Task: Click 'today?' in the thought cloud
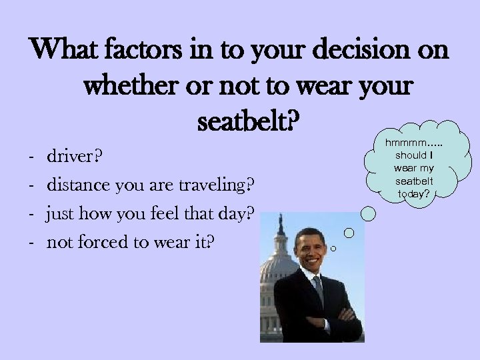[x=413, y=194]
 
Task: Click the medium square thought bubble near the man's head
[x=349, y=233]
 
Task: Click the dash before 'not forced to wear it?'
[x=33, y=243]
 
